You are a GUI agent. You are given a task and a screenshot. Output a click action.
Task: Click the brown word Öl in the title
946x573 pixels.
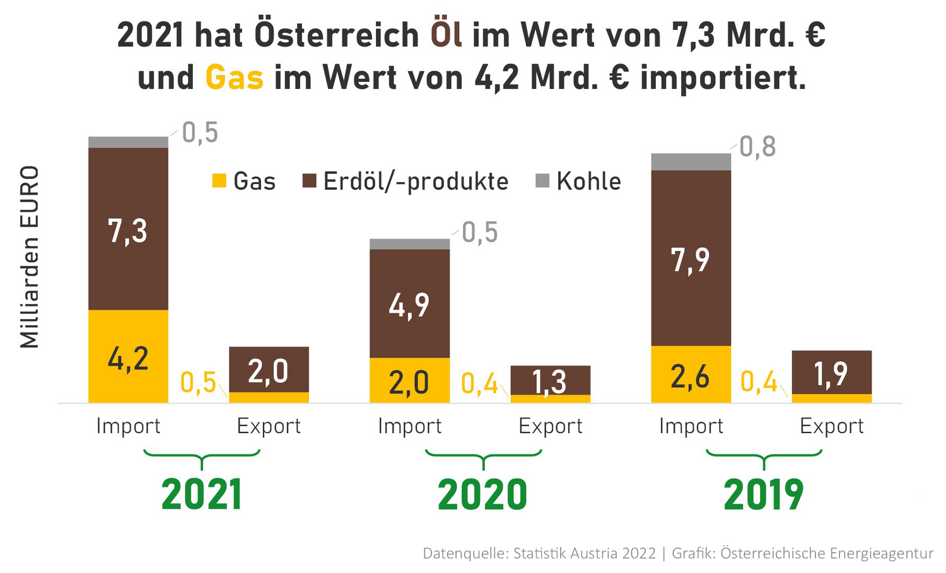point(447,35)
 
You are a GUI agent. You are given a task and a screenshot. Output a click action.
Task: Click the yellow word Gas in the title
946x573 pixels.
point(235,78)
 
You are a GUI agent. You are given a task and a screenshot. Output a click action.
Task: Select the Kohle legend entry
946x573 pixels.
point(578,182)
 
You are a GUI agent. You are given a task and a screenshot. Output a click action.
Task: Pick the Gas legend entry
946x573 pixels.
point(244,182)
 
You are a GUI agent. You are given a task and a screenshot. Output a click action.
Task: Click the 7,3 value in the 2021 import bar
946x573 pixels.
point(128,231)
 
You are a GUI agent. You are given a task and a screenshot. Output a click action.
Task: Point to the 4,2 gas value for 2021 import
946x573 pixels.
point(128,359)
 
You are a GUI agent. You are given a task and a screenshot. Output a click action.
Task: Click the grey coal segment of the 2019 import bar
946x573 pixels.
point(691,162)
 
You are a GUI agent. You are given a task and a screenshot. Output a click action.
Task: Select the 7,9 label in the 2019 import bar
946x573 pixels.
point(691,260)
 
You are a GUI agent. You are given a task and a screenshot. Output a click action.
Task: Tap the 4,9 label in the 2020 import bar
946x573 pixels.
point(409,306)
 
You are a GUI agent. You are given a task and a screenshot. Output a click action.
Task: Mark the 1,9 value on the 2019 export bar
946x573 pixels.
point(831,374)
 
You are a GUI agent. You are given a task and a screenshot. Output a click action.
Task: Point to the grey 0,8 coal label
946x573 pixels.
point(757,147)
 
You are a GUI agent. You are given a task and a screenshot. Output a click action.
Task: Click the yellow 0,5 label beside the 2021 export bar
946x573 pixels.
point(198,383)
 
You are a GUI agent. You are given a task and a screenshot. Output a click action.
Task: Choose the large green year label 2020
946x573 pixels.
point(482,495)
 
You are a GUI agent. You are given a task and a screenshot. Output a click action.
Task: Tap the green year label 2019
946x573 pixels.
point(764,495)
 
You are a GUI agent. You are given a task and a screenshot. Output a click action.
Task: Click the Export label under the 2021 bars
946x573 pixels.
point(269,427)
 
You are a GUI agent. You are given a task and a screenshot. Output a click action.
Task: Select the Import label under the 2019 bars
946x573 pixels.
point(691,427)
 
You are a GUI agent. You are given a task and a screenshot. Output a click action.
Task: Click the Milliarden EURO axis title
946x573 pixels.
point(30,257)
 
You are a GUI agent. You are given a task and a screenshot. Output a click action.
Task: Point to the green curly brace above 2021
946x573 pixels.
point(201,458)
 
